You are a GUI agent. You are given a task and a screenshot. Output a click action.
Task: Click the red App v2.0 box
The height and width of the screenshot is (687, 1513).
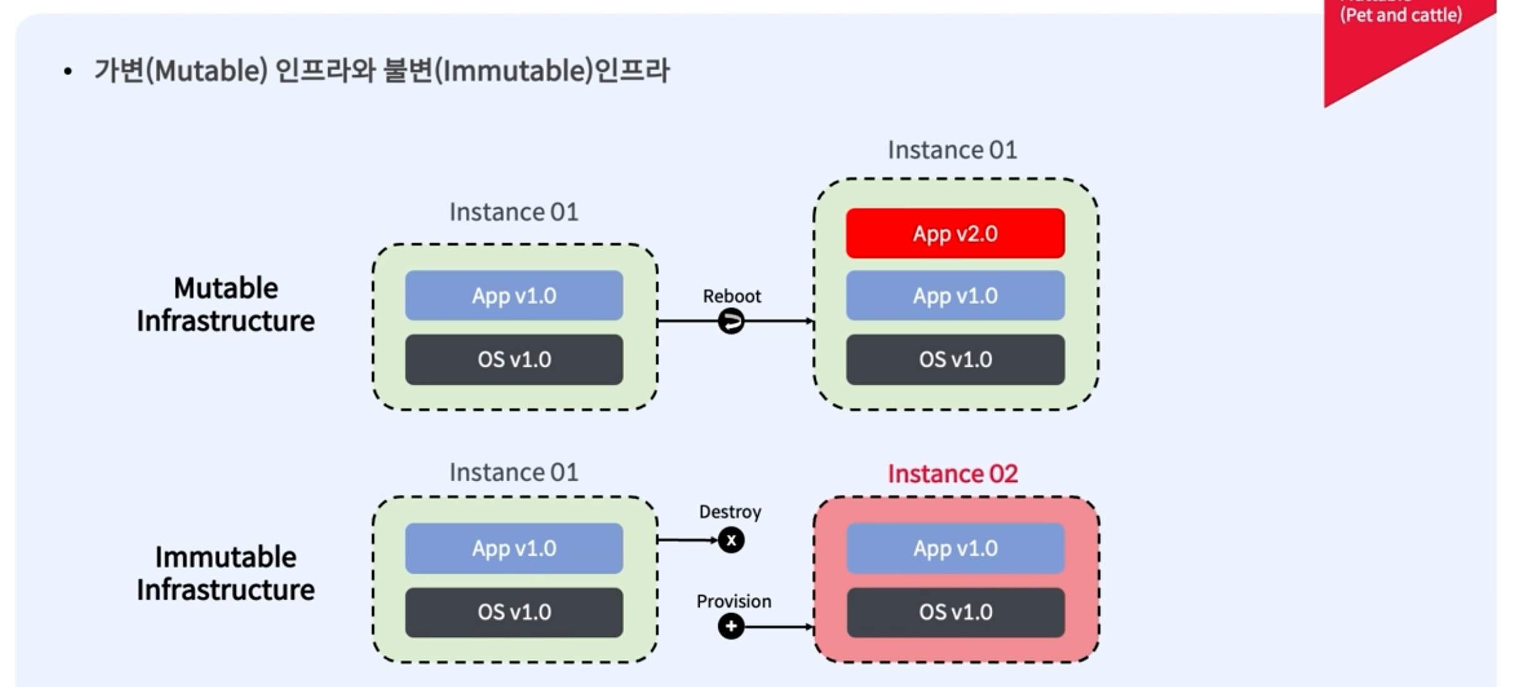click(x=955, y=233)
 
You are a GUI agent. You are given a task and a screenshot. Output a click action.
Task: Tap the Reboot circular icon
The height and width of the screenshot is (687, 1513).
click(x=731, y=321)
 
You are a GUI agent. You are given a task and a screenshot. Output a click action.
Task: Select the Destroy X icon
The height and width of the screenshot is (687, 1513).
click(x=731, y=540)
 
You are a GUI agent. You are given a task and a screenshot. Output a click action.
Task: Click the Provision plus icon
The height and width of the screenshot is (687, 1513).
click(x=731, y=626)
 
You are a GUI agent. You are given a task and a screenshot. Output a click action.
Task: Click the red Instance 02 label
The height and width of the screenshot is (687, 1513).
click(x=952, y=474)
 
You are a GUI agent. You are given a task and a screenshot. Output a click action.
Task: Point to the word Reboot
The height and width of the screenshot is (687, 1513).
click(x=731, y=296)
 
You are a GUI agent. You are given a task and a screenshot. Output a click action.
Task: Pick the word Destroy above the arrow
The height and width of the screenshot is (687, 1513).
click(x=730, y=512)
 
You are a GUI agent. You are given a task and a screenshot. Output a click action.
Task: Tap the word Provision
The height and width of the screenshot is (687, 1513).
click(x=733, y=601)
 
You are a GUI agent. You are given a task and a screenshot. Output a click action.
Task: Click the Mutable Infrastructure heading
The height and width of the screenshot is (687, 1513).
click(x=226, y=305)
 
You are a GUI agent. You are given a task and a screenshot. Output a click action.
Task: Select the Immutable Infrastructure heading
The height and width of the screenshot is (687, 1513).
click(x=226, y=573)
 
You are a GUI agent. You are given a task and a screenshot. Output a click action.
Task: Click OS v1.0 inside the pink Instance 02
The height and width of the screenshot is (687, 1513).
click(x=955, y=612)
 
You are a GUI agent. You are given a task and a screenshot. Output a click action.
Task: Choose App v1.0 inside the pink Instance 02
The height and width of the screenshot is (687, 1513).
click(x=955, y=548)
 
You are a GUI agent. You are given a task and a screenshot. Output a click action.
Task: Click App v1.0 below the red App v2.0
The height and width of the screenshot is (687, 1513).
click(x=955, y=295)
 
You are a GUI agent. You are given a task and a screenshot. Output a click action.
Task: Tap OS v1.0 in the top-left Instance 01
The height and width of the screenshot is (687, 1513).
click(x=514, y=359)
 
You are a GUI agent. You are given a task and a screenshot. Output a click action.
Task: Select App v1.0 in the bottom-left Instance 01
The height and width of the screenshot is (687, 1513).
click(x=514, y=548)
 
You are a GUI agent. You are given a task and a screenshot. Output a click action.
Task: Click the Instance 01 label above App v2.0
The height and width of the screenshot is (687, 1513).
click(x=952, y=150)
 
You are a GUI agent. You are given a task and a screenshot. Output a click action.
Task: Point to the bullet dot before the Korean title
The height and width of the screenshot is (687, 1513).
click(x=68, y=72)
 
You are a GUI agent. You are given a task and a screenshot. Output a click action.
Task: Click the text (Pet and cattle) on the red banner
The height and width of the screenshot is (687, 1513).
click(x=1400, y=15)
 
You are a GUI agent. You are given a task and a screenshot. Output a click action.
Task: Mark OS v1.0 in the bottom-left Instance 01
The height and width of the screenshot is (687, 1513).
click(x=514, y=612)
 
